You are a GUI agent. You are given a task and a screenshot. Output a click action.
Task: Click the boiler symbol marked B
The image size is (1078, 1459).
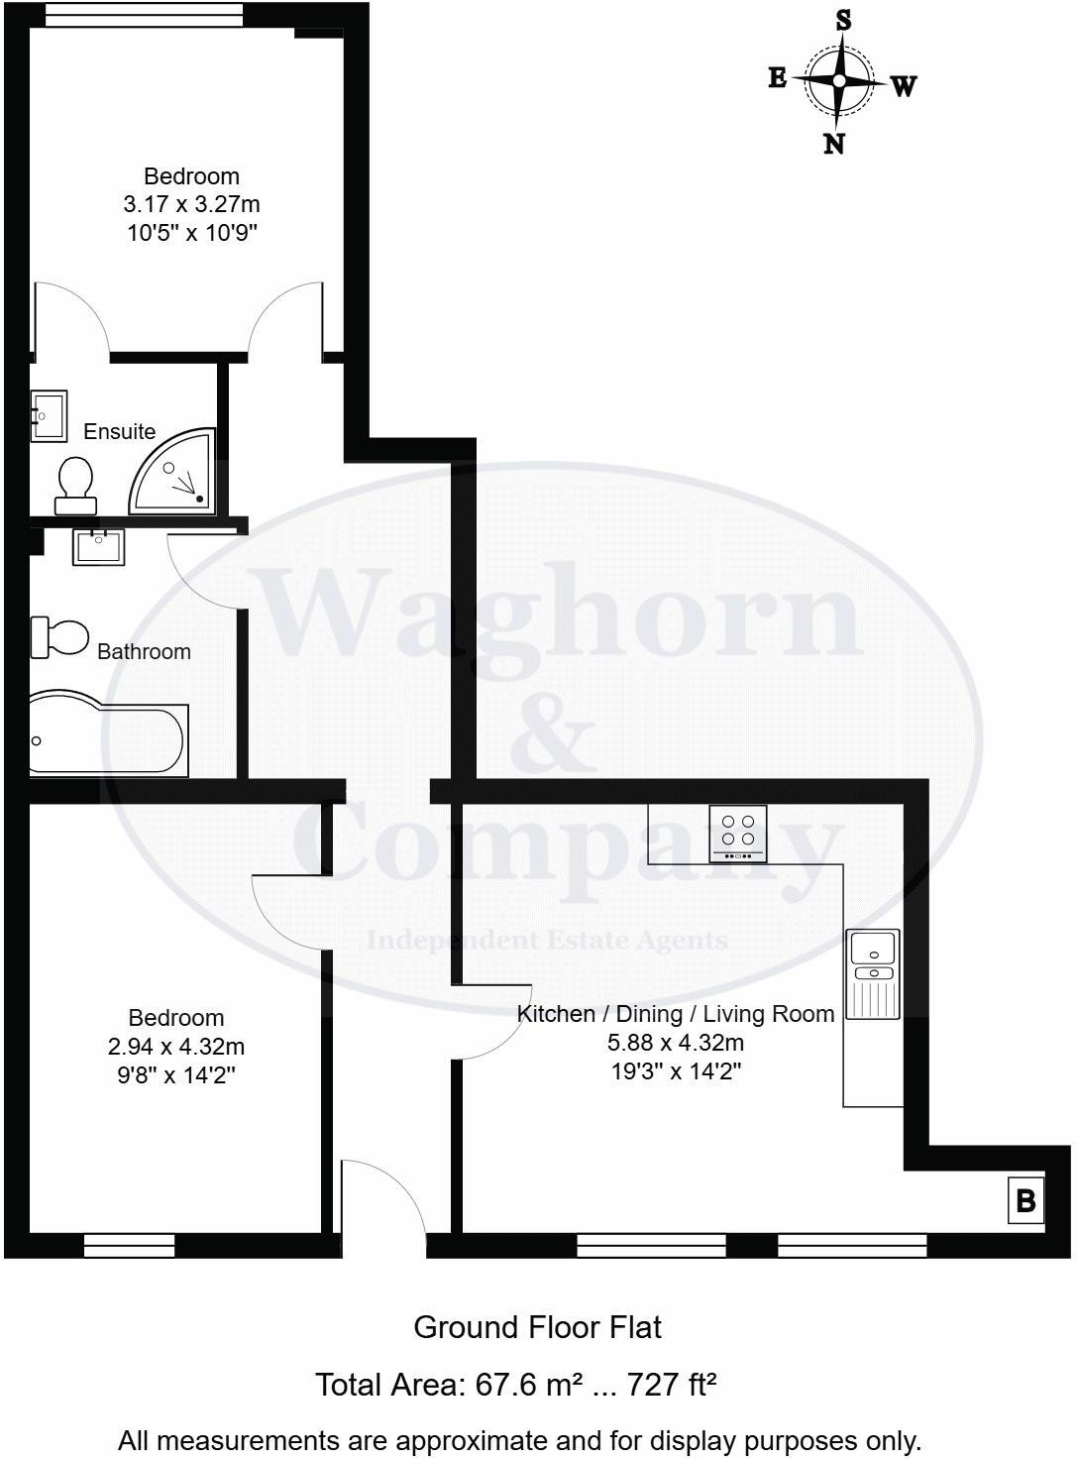click(1025, 1200)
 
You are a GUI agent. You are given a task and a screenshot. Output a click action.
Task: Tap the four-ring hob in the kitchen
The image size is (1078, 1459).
click(737, 832)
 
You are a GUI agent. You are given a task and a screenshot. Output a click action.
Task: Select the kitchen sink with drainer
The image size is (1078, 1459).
click(874, 973)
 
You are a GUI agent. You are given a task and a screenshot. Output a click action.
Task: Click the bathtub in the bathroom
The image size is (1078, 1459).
click(108, 738)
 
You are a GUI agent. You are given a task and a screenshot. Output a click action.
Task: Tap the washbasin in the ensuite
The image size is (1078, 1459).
click(48, 415)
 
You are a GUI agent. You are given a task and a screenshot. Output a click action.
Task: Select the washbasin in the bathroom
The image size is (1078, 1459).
click(98, 546)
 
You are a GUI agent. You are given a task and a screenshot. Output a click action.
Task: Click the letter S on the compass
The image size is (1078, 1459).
click(843, 20)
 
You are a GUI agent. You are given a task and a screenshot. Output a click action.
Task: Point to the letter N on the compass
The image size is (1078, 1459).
click(834, 145)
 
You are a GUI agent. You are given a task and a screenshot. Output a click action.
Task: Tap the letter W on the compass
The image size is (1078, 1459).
click(903, 86)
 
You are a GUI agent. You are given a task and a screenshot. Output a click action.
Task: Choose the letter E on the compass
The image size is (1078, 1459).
click(778, 77)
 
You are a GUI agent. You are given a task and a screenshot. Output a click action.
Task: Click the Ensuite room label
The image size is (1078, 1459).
click(119, 431)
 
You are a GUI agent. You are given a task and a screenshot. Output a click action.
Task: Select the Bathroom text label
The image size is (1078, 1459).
click(144, 651)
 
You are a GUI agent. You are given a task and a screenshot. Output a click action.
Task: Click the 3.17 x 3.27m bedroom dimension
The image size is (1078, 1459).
click(191, 204)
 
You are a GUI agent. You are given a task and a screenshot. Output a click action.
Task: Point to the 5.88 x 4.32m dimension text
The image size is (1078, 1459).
click(676, 1042)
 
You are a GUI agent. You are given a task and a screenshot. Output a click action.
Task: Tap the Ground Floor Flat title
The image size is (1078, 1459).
click(537, 1327)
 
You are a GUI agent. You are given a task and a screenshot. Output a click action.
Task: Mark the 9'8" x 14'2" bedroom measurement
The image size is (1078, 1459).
click(176, 1074)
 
